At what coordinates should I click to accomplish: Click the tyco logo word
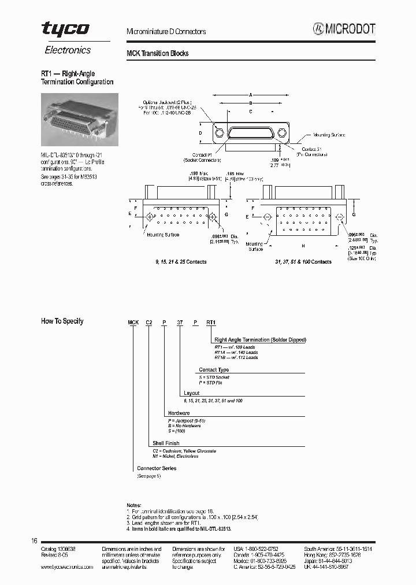[x=65, y=29]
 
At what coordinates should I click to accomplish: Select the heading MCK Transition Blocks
[x=157, y=53]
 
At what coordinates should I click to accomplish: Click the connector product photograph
[x=79, y=119]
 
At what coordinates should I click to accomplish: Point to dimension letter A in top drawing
[x=251, y=95]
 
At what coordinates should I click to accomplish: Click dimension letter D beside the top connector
[x=200, y=133]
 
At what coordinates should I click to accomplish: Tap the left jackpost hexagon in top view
[x=220, y=134]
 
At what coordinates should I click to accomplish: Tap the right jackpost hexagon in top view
[x=281, y=134]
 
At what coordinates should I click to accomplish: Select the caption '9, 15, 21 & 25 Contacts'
[x=180, y=262]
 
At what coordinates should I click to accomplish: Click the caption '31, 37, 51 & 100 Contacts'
[x=303, y=262]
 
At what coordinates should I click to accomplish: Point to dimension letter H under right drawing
[x=303, y=246]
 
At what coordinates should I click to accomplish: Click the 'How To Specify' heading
[x=62, y=321]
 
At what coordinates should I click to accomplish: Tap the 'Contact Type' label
[x=214, y=369]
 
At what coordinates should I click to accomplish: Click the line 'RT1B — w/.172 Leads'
[x=236, y=357]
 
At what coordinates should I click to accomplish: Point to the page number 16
[x=34, y=540]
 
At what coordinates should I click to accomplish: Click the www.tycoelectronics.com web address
[x=67, y=568]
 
